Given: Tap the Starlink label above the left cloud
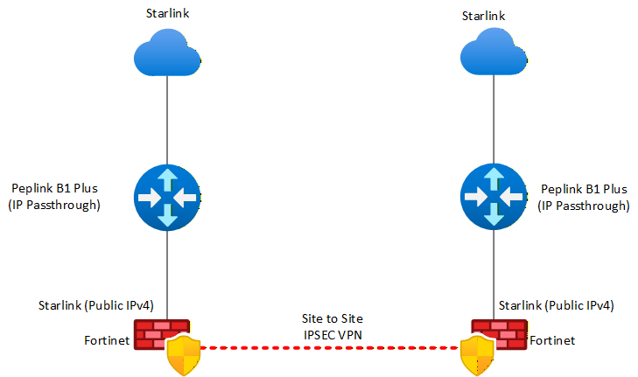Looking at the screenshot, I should coord(166,14).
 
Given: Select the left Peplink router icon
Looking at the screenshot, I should coord(167,198).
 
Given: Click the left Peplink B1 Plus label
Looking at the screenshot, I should coord(55,190).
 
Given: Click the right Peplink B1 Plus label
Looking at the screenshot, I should coord(584,190).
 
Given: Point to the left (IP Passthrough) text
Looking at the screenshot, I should coord(55,206).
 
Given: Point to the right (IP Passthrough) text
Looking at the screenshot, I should coord(584,206).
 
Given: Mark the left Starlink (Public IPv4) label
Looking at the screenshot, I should coord(95,305).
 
